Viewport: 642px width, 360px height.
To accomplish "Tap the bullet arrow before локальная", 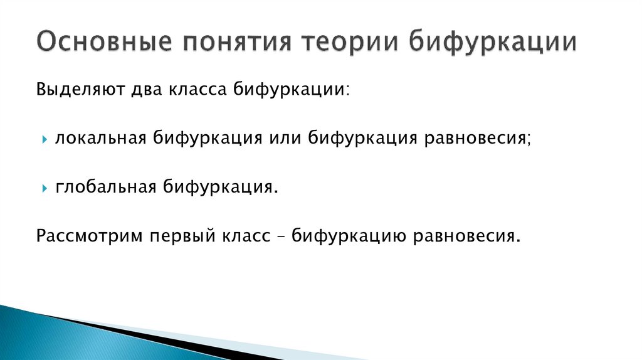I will (45, 139).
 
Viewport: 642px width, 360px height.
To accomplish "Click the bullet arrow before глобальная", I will (45, 188).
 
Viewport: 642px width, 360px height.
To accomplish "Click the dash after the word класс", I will (280, 236).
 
